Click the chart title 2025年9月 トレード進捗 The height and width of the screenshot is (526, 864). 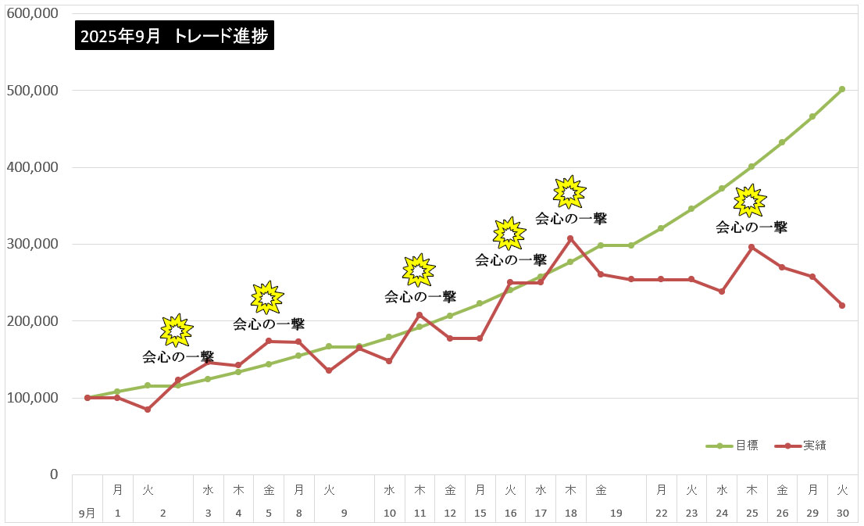(175, 36)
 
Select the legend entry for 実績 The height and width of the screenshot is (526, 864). (813, 445)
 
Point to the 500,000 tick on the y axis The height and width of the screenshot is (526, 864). (32, 90)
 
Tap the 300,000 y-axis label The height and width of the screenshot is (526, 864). (32, 244)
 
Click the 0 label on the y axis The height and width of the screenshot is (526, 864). (53, 474)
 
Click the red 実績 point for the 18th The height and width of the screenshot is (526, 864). (570, 238)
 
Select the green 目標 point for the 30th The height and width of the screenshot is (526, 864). (842, 89)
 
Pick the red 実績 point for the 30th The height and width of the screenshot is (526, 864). (842, 306)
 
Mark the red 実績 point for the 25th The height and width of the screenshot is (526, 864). (752, 247)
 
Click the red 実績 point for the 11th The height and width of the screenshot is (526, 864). (420, 315)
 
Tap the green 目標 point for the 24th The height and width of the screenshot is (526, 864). (722, 188)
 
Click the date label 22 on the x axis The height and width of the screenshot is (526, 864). (662, 513)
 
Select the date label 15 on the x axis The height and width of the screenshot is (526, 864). (480, 513)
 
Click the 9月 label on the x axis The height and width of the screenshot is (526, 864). (87, 513)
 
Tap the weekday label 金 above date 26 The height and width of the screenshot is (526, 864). (782, 490)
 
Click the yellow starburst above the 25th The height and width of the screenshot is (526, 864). (750, 201)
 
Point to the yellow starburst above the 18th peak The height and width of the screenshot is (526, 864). (569, 191)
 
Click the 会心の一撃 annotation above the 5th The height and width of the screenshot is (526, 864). (269, 324)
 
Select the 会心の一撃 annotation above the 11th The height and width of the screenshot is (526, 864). (420, 297)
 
